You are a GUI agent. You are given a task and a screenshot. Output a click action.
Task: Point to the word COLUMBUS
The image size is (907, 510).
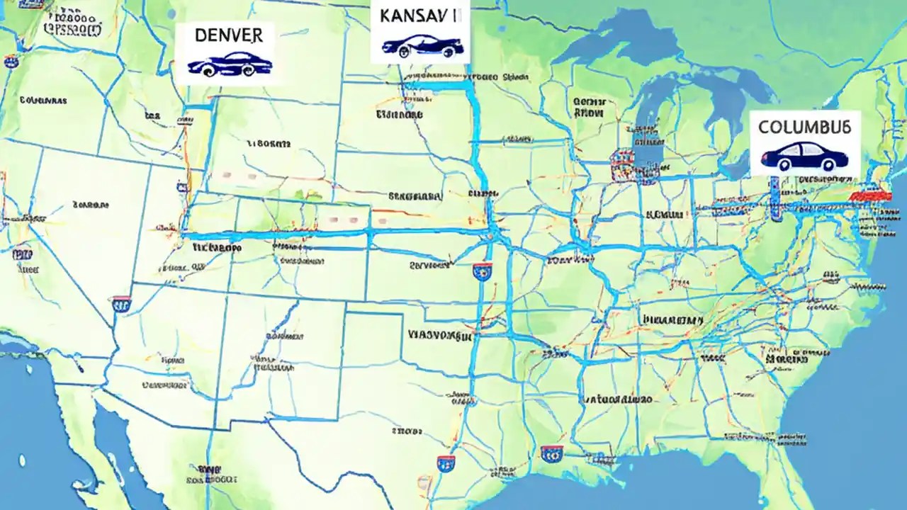point(804,128)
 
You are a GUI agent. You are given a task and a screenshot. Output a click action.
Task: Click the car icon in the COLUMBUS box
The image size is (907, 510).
point(804,156)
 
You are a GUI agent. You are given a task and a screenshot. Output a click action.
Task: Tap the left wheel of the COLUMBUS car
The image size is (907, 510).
point(784,165)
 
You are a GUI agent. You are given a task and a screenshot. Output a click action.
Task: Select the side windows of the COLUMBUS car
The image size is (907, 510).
point(804,150)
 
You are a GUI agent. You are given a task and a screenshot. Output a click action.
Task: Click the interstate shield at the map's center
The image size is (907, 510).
point(483,271)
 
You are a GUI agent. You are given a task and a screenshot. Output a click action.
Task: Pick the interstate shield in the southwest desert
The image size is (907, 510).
point(121,305)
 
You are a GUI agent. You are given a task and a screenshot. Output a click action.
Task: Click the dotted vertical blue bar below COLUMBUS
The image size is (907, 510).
point(775,195)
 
